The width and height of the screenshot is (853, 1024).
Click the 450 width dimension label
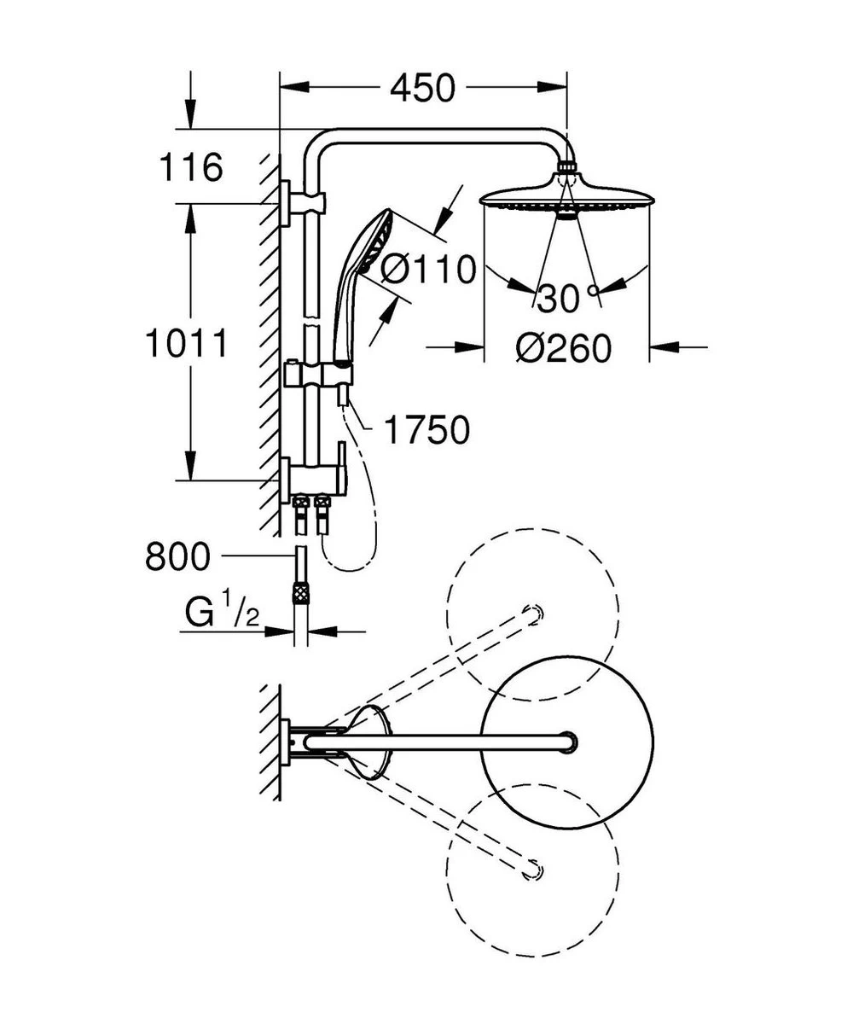click(423, 87)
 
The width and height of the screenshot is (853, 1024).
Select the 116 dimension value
click(192, 167)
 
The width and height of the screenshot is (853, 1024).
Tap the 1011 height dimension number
click(186, 344)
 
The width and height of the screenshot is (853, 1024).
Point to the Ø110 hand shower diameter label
click(427, 271)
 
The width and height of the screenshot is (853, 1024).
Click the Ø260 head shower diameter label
click(564, 348)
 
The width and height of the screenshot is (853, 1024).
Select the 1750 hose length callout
click(426, 431)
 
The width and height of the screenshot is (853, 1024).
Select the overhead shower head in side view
click(566, 198)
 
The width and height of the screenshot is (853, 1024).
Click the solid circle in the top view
click(567, 742)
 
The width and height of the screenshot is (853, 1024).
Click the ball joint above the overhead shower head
click(566, 169)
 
